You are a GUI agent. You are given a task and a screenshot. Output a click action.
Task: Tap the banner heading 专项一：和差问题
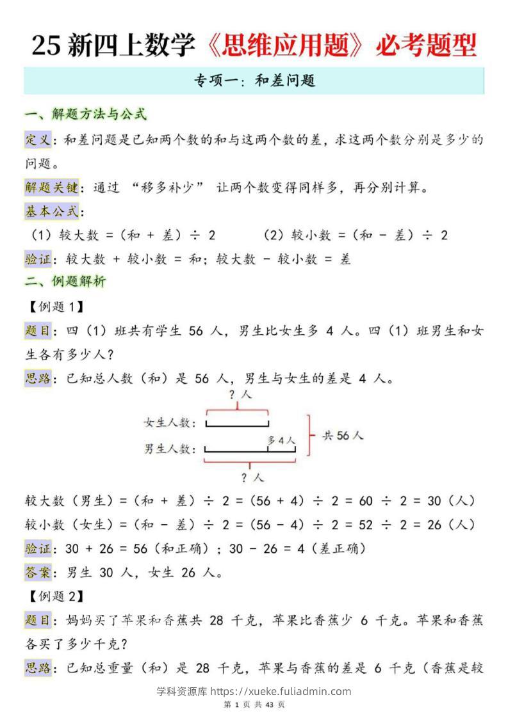pos(255,81)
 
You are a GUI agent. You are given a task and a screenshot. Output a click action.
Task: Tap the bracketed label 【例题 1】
pos(56,307)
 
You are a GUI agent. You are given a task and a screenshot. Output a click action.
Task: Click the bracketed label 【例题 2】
pos(56,596)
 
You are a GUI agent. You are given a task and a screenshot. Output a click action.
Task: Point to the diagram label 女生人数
pos(168,422)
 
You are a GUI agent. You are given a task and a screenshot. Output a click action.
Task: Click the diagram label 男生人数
pos(168,449)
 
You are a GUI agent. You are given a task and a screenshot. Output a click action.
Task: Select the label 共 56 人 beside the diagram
pos(342,435)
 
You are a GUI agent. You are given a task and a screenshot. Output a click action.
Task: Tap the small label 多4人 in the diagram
pos(281,440)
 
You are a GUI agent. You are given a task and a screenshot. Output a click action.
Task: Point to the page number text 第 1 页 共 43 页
pos(254,705)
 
